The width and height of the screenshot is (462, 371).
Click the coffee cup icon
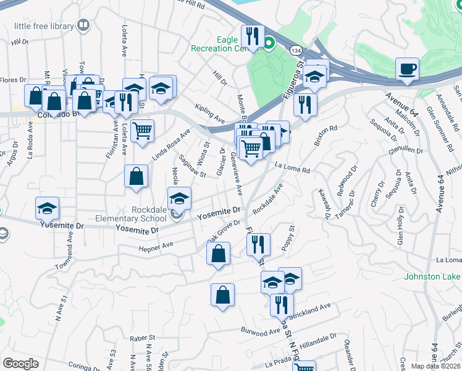407,69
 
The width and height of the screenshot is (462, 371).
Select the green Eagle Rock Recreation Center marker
269,43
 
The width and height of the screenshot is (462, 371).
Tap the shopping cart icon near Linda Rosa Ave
143,130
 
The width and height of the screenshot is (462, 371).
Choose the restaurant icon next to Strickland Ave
282,304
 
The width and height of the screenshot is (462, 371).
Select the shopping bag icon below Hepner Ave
219,254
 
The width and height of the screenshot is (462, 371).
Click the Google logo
20,364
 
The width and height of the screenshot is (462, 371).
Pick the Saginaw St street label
193,166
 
